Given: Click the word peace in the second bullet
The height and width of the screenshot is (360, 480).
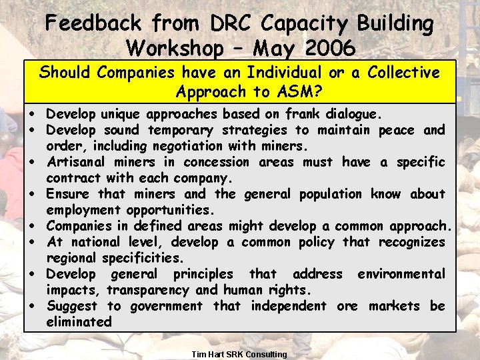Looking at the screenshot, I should point(398,130).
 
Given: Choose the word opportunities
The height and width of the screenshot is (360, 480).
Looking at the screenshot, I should point(171,210).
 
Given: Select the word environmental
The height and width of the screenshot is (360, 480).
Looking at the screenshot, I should point(401,274).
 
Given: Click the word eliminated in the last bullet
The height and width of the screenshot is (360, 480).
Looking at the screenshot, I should point(79,322).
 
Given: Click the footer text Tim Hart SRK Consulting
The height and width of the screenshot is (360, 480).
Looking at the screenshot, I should point(239,354).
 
